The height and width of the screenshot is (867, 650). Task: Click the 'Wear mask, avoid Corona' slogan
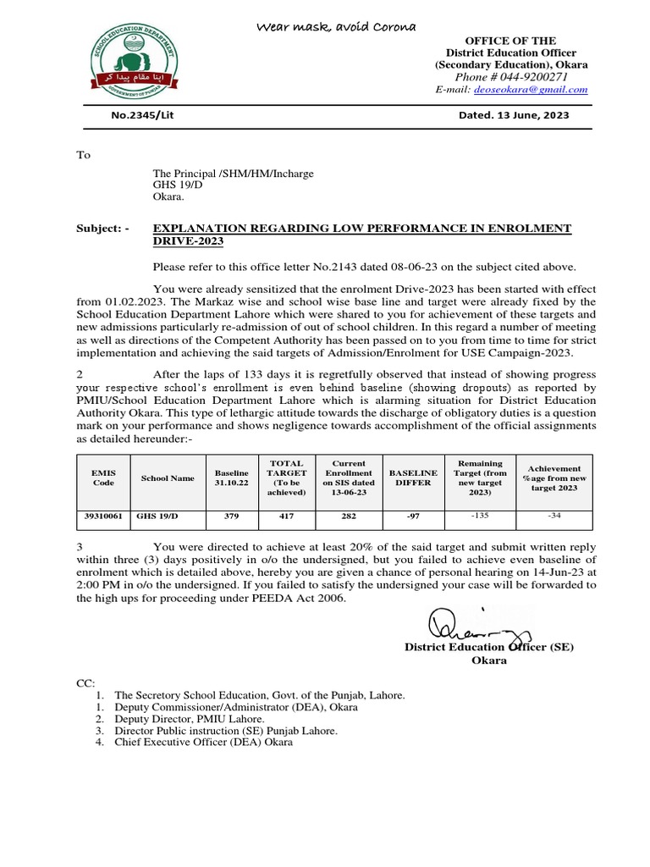[336, 28]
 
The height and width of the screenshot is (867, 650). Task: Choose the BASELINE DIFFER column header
[411, 478]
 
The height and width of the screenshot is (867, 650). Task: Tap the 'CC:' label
[85, 682]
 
